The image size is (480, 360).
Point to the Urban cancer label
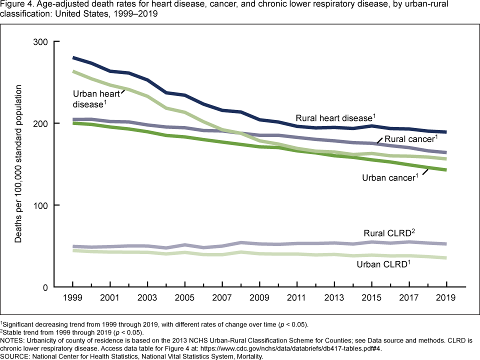[x=390, y=177]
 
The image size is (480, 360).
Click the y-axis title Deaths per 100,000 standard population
[x=18, y=164]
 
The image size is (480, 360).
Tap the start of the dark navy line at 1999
[x=73, y=58]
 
